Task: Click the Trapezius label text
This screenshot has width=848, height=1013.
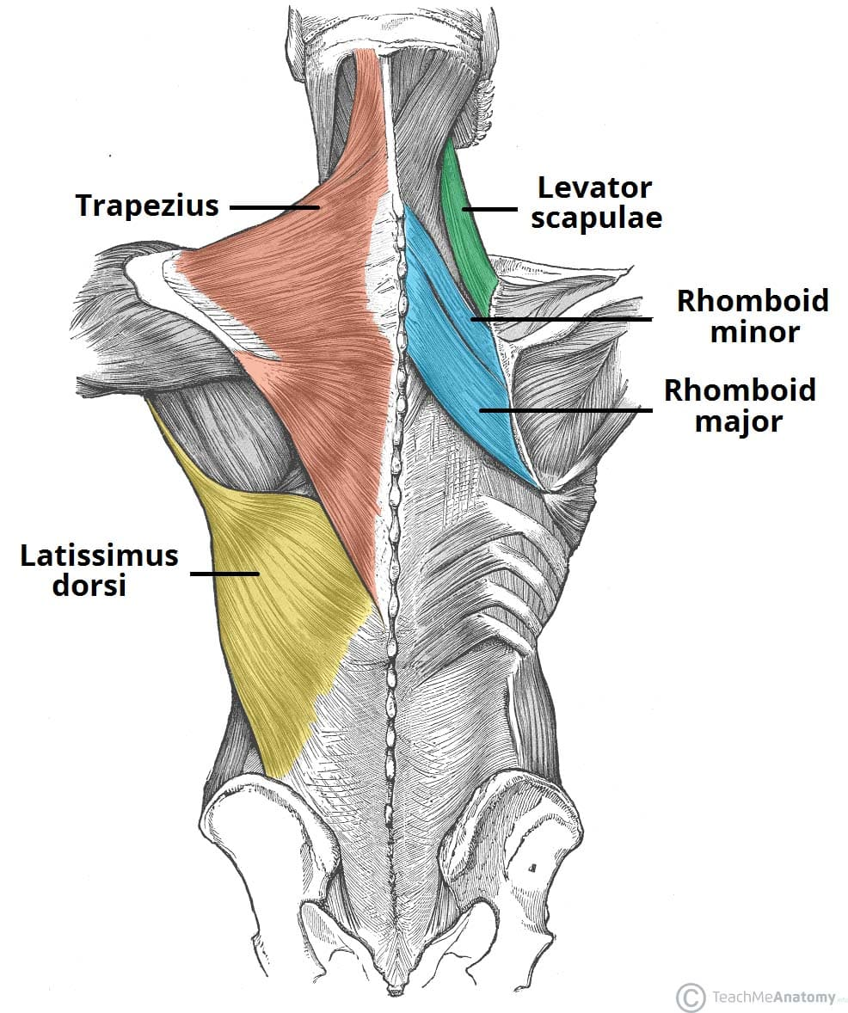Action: tap(147, 206)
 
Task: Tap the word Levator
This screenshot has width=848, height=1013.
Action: tap(595, 187)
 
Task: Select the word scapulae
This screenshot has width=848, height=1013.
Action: tap(596, 218)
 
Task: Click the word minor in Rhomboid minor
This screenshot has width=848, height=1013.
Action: tap(754, 332)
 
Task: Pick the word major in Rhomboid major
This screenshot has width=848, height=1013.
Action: tap(740, 422)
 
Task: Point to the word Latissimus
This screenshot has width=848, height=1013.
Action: tap(100, 556)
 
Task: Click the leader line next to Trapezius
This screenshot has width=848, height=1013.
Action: tap(274, 207)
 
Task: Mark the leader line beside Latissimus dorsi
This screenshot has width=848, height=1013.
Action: tap(224, 574)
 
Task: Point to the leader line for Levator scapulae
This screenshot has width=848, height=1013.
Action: tap(490, 208)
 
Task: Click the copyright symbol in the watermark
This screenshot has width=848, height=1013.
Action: tap(690, 998)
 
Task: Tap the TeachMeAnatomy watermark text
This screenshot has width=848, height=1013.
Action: tap(772, 998)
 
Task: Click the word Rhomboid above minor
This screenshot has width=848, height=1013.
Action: tap(753, 301)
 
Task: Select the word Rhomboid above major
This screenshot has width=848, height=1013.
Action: tap(740, 391)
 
